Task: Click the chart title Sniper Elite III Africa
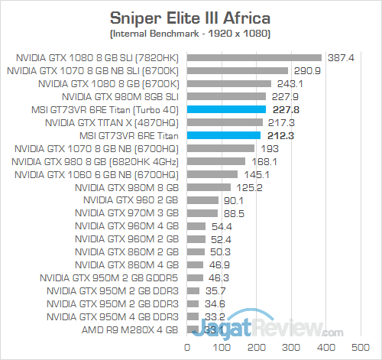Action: (x=190, y=18)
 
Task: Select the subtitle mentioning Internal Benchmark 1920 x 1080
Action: (x=190, y=34)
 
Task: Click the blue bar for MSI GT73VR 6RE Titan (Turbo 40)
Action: (x=225, y=109)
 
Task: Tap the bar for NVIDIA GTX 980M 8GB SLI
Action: (x=225, y=96)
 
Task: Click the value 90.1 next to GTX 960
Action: (x=233, y=200)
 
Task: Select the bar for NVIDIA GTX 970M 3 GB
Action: (x=202, y=213)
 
